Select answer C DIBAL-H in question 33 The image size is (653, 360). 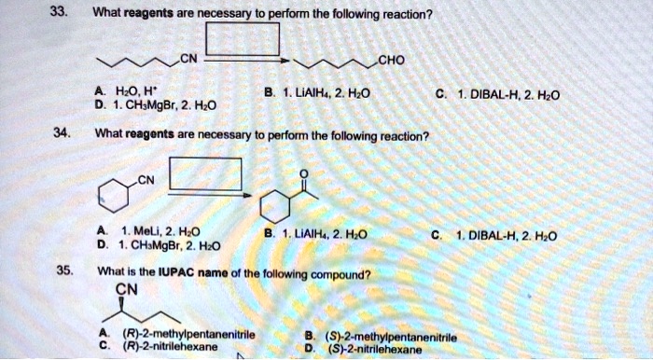(x=503, y=93)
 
